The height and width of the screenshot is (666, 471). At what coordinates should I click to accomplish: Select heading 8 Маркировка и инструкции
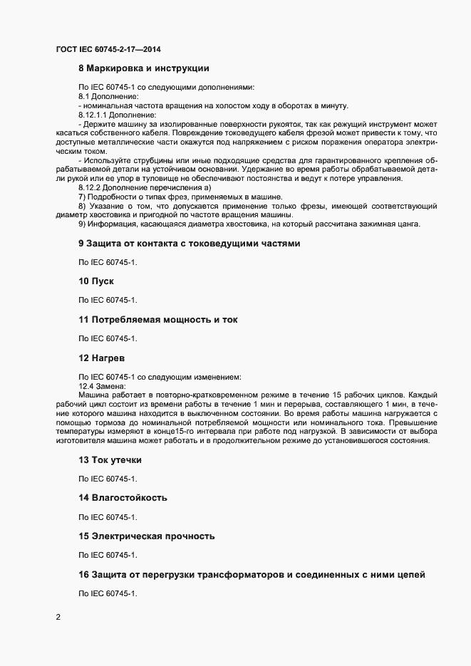(143, 69)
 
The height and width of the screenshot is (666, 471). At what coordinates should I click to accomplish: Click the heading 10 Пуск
(96, 281)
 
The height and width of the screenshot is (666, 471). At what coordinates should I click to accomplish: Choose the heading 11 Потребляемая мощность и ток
(157, 320)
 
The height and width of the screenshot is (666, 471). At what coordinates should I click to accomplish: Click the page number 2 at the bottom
(58, 616)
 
